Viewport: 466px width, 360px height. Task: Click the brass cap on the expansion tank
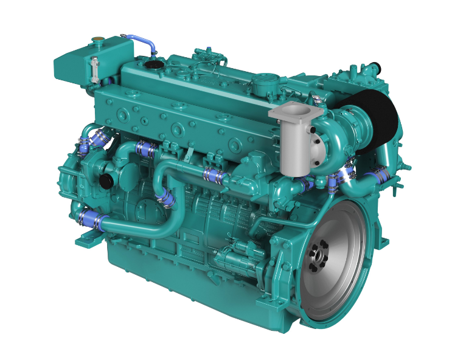pyautogui.click(x=96, y=41)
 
